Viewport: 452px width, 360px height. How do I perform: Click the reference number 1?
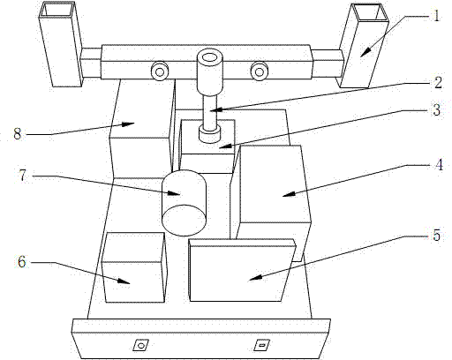coord(436,15)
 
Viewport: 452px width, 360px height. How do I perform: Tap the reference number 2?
coord(438,82)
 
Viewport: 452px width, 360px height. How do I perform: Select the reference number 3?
coord(436,109)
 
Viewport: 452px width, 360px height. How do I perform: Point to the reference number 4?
coord(439,165)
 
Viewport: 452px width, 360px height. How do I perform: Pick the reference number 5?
coord(437,236)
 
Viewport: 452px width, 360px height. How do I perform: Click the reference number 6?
coord(22,261)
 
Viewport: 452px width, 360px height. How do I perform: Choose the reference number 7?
coord(24,176)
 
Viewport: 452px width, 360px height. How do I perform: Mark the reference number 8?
coord(18,134)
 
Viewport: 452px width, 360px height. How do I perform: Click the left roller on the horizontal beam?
coord(160,71)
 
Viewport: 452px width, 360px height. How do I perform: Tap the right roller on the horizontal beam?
coord(260,71)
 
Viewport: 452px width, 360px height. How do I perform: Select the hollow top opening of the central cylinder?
coord(211,56)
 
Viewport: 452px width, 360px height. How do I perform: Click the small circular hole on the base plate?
coord(141,345)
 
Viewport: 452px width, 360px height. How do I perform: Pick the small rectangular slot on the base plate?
coord(261,345)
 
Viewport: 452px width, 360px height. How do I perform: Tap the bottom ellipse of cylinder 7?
coord(184,220)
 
